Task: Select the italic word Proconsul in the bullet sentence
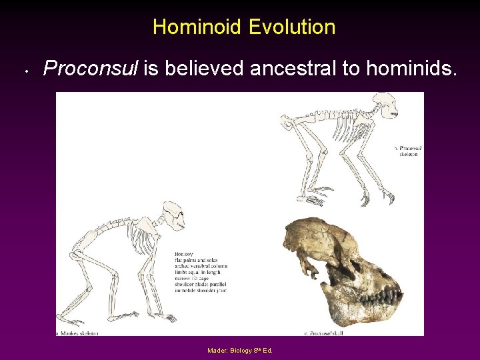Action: point(90,68)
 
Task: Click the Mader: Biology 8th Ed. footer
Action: point(239,350)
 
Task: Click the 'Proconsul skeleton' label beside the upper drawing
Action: point(409,151)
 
